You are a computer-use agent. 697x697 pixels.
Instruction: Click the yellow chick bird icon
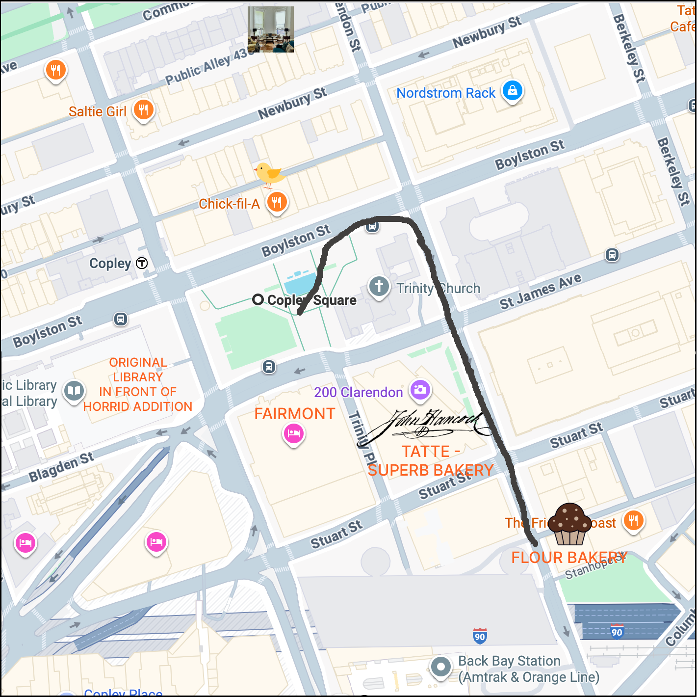tap(269, 175)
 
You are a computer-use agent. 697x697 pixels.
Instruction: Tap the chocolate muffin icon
tap(569, 524)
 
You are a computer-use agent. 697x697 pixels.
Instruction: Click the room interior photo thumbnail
tap(270, 29)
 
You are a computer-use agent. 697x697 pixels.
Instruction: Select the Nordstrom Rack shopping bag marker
tap(513, 91)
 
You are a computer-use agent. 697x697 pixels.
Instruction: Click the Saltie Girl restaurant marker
tap(143, 110)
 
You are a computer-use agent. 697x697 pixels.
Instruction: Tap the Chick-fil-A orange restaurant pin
tap(277, 202)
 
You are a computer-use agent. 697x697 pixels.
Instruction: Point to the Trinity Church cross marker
tap(379, 286)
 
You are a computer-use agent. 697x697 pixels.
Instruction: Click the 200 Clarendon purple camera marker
tap(420, 390)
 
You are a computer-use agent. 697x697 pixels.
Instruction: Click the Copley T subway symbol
tap(142, 263)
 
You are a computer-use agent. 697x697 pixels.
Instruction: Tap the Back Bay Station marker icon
tap(440, 667)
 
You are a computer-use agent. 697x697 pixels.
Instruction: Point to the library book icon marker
tap(74, 391)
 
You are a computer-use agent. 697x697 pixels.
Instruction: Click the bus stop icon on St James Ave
tap(612, 255)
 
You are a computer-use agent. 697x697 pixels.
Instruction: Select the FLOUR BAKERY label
tap(569, 558)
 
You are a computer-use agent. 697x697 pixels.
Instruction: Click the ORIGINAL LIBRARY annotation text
tap(138, 384)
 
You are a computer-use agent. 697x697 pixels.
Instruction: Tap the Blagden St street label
tap(61, 467)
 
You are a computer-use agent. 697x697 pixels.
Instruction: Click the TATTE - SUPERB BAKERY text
tap(430, 460)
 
